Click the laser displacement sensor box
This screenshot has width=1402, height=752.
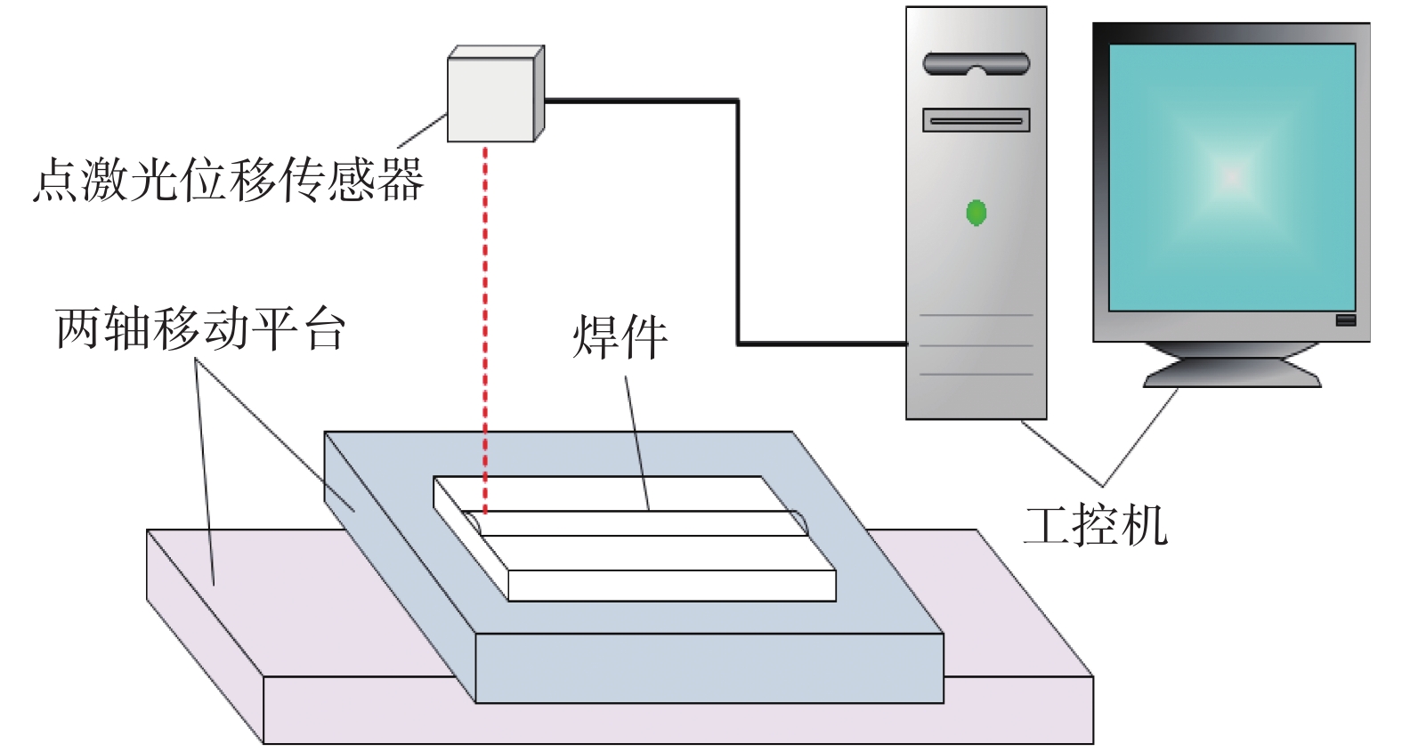tap(490, 100)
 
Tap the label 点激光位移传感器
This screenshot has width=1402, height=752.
tap(228, 181)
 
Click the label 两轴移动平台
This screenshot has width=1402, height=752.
tap(200, 328)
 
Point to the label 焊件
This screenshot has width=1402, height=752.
tap(620, 337)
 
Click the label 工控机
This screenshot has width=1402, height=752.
tap(1095, 525)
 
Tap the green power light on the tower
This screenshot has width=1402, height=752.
tap(977, 214)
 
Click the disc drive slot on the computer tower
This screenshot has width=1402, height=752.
tap(977, 120)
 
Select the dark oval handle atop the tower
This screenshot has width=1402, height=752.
tap(977, 64)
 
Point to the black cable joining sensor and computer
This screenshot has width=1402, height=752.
tap(738, 222)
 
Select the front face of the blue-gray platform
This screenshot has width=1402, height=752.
tap(709, 667)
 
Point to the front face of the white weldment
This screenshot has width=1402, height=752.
tap(672, 586)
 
